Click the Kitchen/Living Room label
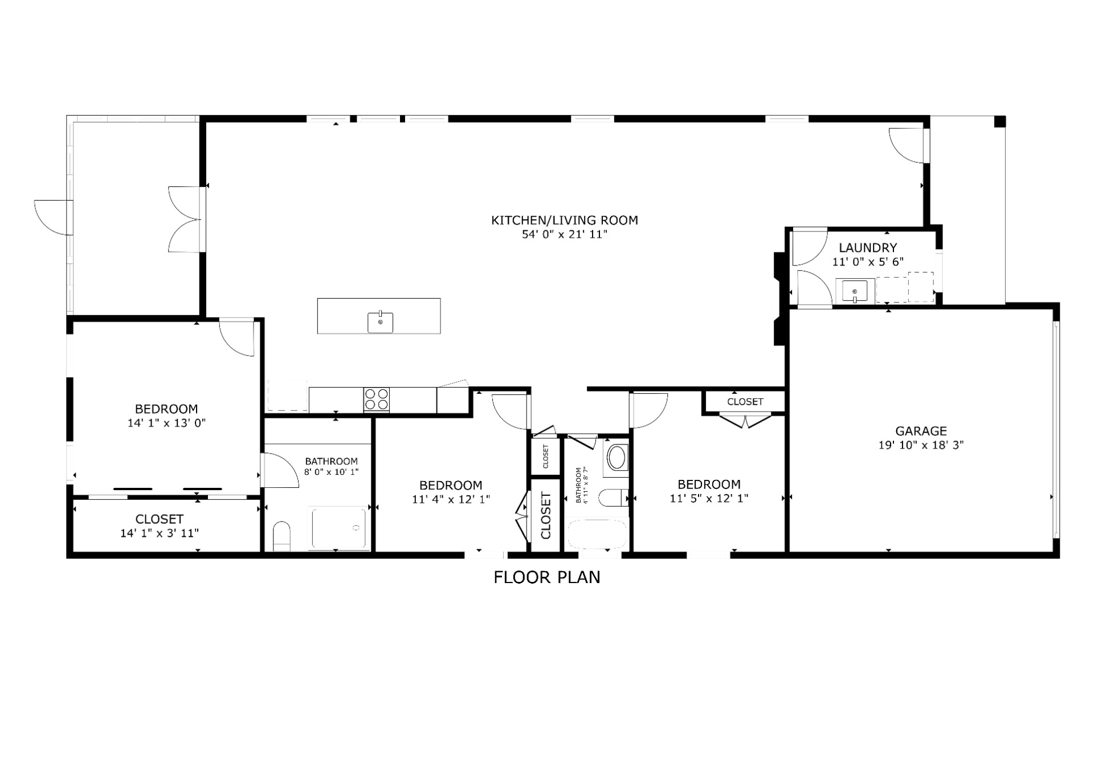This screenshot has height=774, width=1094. [565, 220]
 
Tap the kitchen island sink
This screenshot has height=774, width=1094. [380, 322]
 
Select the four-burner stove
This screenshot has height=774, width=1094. [377, 399]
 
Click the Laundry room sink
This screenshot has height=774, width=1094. [855, 291]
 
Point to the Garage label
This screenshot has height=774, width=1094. [921, 431]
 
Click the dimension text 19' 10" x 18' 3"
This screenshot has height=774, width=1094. [921, 445]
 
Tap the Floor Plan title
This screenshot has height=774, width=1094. [547, 577]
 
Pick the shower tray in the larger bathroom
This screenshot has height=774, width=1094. [340, 529]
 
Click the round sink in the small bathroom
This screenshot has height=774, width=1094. [617, 457]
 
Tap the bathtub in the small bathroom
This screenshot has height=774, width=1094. [597, 534]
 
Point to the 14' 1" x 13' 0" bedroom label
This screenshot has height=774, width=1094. [166, 415]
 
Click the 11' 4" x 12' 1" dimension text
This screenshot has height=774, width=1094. [451, 499]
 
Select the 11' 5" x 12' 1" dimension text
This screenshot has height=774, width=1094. [709, 498]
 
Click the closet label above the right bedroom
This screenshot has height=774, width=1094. [745, 402]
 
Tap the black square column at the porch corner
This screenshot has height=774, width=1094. [1000, 121]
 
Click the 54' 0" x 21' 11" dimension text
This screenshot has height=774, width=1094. [565, 234]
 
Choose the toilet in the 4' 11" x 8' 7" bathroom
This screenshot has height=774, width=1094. [614, 498]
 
